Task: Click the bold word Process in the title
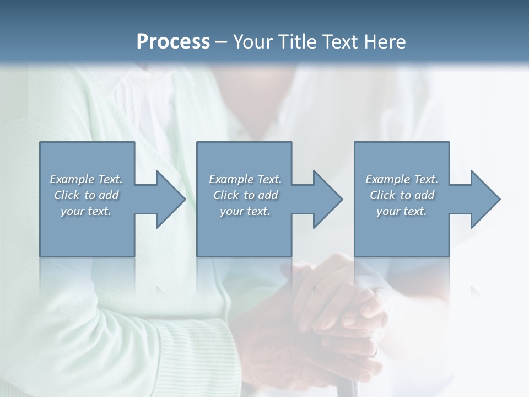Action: pos(173,42)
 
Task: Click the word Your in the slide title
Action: pos(251,42)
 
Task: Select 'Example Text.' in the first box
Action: pos(86,179)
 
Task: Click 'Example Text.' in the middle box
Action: pos(245,179)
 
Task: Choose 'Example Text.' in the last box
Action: pos(402,179)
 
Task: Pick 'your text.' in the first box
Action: pos(86,211)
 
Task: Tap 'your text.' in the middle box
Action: pos(245,211)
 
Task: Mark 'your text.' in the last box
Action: pos(402,211)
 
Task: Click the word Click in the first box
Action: pos(67,195)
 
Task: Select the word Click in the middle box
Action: pos(226,195)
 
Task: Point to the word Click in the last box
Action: pos(382,195)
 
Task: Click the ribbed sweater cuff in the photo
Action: pos(187,353)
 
